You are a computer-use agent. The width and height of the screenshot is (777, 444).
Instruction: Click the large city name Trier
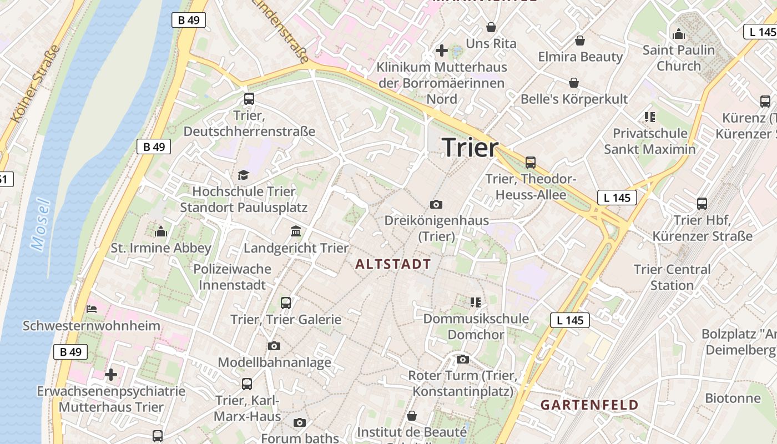(470, 148)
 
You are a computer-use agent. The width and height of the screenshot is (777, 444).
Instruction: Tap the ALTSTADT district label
(393, 264)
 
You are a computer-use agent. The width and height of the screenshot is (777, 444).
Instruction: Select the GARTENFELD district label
(589, 405)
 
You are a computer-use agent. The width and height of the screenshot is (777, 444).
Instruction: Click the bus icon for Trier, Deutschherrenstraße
(249, 99)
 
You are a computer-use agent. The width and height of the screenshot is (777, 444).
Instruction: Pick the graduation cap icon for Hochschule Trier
(243, 175)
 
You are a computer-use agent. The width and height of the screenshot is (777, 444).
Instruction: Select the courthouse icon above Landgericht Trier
(296, 231)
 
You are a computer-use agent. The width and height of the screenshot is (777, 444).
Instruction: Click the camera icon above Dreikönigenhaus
(436, 204)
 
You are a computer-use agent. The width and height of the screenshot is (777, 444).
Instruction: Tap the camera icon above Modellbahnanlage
(274, 346)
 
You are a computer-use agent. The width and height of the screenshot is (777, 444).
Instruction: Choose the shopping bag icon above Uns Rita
(491, 27)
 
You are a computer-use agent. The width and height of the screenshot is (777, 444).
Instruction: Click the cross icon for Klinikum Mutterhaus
(442, 51)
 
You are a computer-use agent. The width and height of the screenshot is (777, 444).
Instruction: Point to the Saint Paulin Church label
(679, 58)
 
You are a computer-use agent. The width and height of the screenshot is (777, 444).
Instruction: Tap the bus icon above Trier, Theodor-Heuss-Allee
(531, 163)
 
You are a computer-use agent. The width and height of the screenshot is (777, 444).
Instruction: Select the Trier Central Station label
(672, 277)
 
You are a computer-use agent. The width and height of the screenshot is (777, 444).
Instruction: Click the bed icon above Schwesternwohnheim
(92, 309)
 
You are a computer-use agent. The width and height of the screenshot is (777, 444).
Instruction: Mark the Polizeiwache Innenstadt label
(233, 276)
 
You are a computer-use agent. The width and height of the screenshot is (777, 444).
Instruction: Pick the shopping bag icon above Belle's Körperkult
(574, 83)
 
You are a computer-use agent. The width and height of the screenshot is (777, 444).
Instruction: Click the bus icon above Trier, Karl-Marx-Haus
(247, 384)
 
